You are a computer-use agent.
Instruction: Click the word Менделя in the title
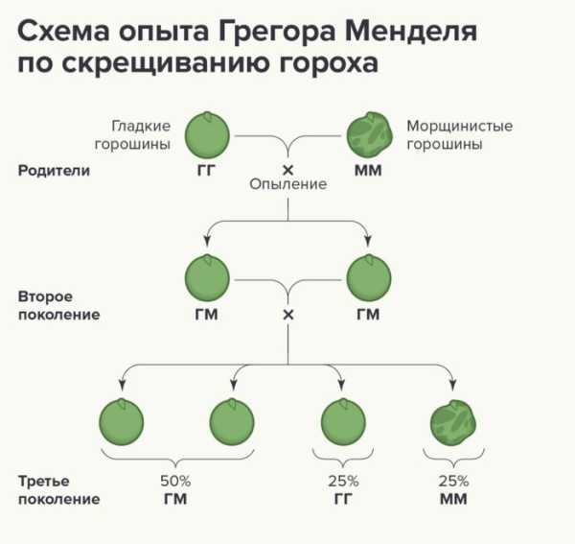(411, 32)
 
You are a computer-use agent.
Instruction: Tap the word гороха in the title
(328, 64)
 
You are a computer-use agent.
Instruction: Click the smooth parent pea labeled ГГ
(207, 135)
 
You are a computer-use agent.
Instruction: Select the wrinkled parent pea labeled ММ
(369, 134)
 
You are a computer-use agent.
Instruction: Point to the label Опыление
(287, 184)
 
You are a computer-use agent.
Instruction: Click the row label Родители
(54, 171)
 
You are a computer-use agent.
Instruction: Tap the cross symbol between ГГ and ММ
(287, 170)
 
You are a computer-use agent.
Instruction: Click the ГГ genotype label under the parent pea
(206, 171)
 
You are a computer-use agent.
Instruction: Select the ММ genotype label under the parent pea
(368, 171)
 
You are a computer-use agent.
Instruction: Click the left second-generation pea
(207, 277)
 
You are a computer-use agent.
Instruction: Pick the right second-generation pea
(369, 277)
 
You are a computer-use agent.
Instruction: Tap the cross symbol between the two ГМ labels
(288, 315)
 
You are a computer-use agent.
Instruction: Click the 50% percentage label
(175, 481)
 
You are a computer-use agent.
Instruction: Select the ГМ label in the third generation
(175, 499)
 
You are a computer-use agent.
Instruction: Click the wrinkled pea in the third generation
(453, 422)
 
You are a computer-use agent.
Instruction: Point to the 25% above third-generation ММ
(453, 481)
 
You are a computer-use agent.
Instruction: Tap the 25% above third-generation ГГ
(343, 481)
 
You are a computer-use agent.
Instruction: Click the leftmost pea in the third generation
(122, 422)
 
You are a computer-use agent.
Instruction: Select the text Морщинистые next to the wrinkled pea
(459, 127)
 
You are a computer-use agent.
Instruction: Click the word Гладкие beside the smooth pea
(141, 127)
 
